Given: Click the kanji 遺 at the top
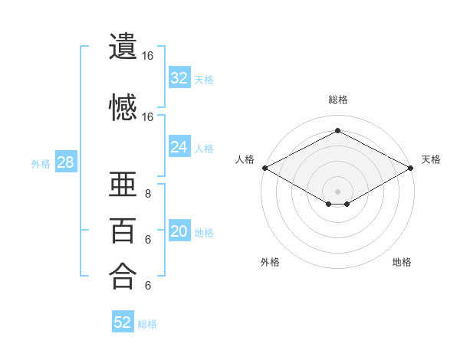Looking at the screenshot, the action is tap(123, 46).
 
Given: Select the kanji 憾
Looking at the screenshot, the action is tap(123, 107).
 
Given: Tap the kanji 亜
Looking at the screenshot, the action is tap(123, 184).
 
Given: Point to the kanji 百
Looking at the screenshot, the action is tap(123, 231).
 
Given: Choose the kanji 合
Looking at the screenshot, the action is tap(123, 276).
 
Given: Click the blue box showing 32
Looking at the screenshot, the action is tap(179, 77).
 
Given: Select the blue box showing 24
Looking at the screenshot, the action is tap(179, 146).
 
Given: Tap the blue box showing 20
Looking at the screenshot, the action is tap(179, 230).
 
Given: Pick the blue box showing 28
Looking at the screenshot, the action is tap(66, 162).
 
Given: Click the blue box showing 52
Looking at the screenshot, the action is tap(123, 321).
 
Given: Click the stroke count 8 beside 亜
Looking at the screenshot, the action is tap(148, 194).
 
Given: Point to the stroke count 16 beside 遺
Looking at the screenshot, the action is tap(147, 56).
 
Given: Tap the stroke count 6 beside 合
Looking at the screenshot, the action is tap(148, 285).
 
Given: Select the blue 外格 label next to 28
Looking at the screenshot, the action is tap(41, 164).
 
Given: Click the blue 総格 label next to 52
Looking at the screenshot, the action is tap(147, 324).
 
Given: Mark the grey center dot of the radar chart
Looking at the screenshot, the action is tap(337, 191).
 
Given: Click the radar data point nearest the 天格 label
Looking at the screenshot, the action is tap(411, 168).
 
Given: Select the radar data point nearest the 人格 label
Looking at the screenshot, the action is tap(265, 168).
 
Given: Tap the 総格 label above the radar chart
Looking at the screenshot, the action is tap(338, 100).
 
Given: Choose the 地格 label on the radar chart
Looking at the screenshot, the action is tap(402, 262).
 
